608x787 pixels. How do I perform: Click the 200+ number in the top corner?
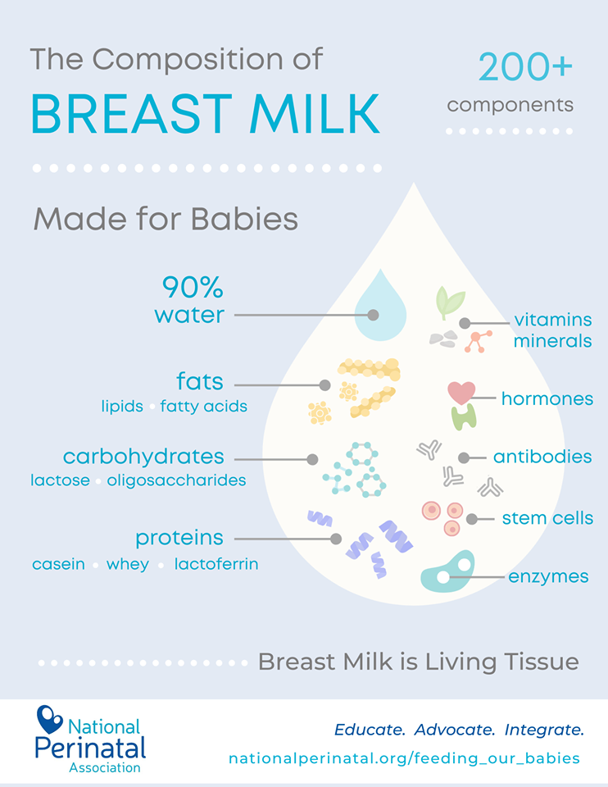pos(525,67)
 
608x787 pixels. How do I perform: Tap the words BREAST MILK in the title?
pos(205,115)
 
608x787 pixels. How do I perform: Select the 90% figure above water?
pos(193,287)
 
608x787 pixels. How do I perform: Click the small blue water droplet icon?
pos(380,305)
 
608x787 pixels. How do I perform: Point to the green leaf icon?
pos(450,302)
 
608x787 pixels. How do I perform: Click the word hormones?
pos(547,398)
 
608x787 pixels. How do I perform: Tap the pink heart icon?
pos(461,393)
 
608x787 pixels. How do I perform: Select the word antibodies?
pos(542,457)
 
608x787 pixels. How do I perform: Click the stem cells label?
pos(548,518)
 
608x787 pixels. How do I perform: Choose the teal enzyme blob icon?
pos(447,571)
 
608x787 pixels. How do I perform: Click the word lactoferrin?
pos(216,564)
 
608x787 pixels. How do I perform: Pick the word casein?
pos(59,564)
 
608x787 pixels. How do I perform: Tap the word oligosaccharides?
pos(176,480)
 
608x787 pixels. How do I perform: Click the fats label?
pos(200,381)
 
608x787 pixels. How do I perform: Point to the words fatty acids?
pos(204,406)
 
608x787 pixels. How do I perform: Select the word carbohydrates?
pos(143,457)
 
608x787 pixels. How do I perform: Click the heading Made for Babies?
pos(166,219)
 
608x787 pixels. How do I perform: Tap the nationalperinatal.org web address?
pos(404,757)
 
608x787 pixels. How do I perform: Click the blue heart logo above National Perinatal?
pos(48,719)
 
